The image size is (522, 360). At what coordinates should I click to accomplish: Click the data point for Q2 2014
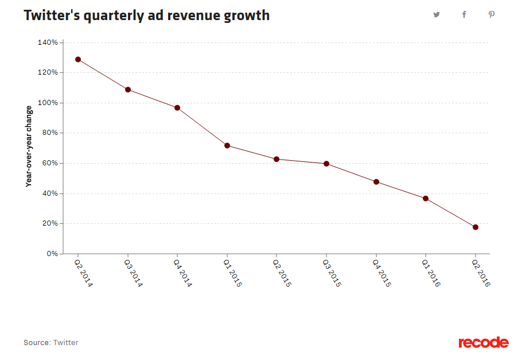[78, 60]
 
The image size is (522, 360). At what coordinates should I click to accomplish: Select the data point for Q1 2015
[227, 146]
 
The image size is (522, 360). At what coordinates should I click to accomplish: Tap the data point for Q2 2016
[476, 227]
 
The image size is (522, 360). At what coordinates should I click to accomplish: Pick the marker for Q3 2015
[326, 164]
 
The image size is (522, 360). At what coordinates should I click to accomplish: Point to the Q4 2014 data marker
[177, 108]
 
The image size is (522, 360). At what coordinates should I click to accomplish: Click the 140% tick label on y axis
[47, 42]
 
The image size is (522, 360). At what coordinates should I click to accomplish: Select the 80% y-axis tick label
[49, 133]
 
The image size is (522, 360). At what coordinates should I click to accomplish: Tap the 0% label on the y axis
[52, 254]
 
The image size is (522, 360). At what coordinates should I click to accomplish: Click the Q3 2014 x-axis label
[133, 273]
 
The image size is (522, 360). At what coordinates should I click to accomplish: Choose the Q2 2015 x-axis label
[282, 273]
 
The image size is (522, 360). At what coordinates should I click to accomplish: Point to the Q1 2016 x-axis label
[431, 273]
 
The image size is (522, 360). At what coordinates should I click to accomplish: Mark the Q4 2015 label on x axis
[381, 273]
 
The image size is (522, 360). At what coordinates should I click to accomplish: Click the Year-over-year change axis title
[28, 148]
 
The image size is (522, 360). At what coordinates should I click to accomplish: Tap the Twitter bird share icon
[437, 15]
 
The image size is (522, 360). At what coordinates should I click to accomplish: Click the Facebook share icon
[464, 15]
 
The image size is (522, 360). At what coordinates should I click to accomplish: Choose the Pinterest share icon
[492, 15]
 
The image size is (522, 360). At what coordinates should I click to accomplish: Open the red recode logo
[483, 343]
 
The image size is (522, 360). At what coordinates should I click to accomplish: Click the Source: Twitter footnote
[50, 343]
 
